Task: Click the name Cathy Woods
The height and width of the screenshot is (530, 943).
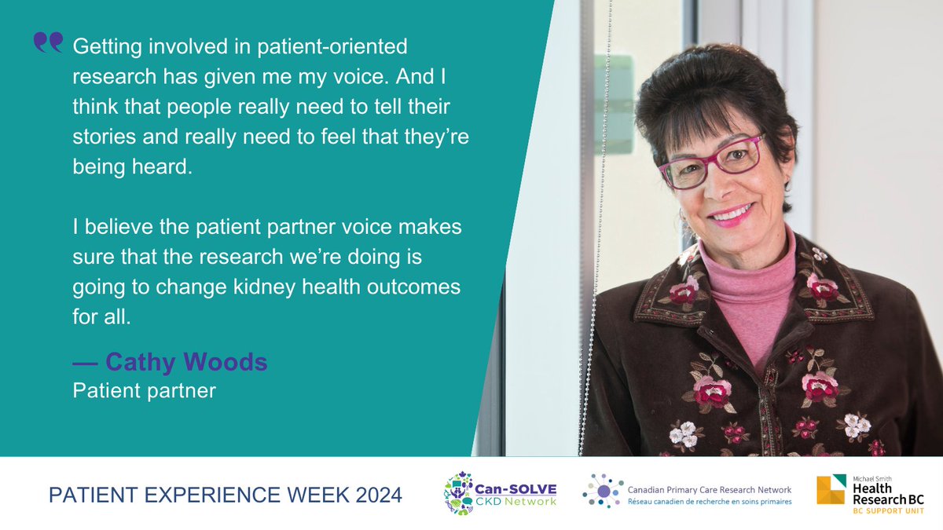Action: click(186, 363)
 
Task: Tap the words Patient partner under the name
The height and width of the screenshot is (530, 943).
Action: click(144, 389)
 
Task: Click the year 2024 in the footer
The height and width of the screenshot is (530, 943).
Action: click(372, 495)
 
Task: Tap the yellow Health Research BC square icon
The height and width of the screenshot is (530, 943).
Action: click(832, 492)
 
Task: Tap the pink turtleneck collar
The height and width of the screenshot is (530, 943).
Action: click(747, 259)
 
